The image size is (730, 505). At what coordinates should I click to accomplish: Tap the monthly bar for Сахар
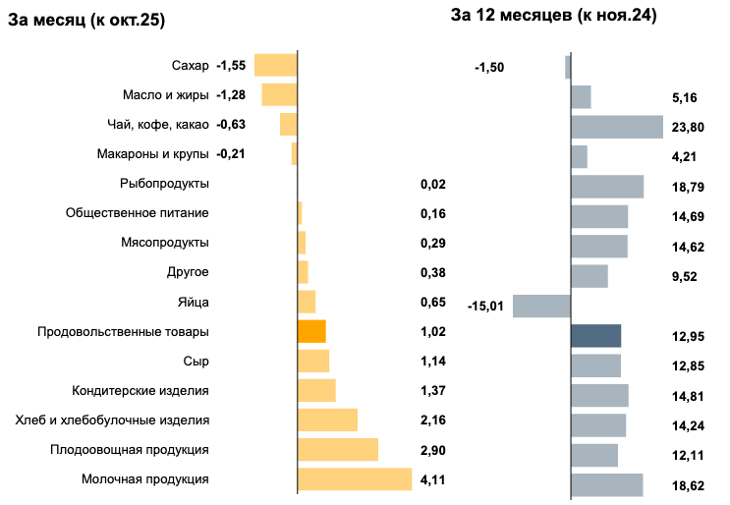coord(275,65)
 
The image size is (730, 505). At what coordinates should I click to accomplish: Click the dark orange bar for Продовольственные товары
coord(311,331)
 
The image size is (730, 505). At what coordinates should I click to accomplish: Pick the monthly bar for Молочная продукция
coord(354,479)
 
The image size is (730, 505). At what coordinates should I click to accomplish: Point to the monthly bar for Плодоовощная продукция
coord(337,450)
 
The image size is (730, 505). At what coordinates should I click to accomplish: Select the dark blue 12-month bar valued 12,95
coord(595,336)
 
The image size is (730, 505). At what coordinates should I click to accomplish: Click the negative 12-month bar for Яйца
coord(541,306)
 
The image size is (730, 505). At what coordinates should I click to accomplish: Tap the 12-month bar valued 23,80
coord(617,127)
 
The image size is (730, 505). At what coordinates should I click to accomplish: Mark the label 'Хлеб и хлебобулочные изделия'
coord(112,421)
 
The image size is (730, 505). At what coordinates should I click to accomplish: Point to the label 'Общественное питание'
coord(137,213)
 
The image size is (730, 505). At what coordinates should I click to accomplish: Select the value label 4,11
coord(432,480)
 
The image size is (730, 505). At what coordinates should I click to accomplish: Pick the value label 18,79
coord(684,188)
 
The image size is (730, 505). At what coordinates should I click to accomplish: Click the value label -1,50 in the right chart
coord(489,68)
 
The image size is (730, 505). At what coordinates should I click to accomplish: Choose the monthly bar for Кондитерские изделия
coord(316,390)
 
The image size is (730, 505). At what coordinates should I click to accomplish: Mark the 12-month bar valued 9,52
coord(589,276)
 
